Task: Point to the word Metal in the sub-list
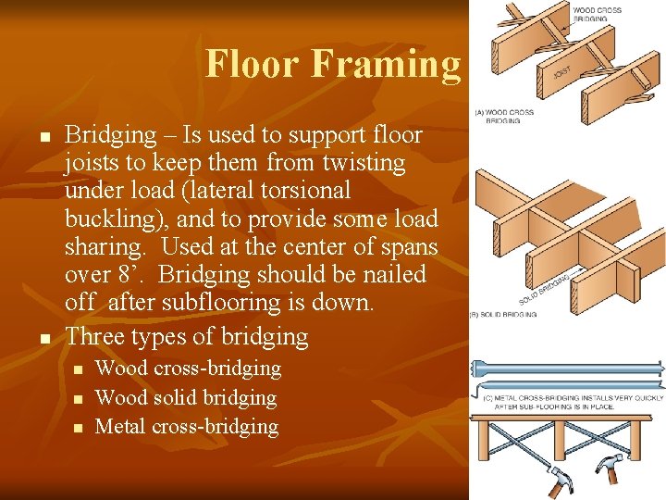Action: [x=120, y=427]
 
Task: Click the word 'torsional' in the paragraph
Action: [x=304, y=191]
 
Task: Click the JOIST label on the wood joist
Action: [x=561, y=70]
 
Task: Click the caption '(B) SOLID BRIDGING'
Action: [x=505, y=315]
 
